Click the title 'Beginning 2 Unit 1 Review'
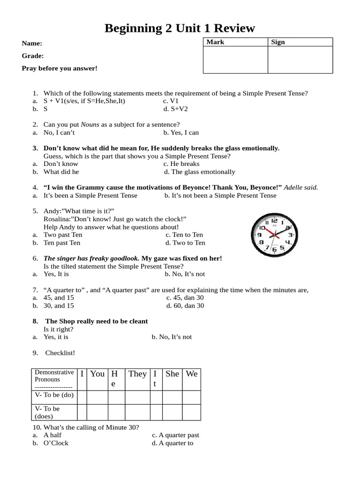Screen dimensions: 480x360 [x=180, y=28]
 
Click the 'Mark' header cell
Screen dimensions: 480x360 [x=215, y=42]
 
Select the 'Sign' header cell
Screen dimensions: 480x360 [x=278, y=42]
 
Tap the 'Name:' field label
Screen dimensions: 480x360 [x=32, y=43]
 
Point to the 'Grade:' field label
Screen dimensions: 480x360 [x=33, y=56]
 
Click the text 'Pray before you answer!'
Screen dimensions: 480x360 [x=60, y=68]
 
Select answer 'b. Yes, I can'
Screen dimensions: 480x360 [x=181, y=133]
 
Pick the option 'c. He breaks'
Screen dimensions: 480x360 [x=181, y=164]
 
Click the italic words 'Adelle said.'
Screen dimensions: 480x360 [x=301, y=187]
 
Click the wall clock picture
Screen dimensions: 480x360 [x=274, y=234]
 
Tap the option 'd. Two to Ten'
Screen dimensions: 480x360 [x=185, y=242]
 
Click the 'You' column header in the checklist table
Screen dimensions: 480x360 [x=97, y=374]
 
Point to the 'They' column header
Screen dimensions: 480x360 [x=137, y=374]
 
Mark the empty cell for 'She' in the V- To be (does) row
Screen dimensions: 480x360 [x=172, y=412]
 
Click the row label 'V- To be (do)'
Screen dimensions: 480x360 [x=54, y=395]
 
